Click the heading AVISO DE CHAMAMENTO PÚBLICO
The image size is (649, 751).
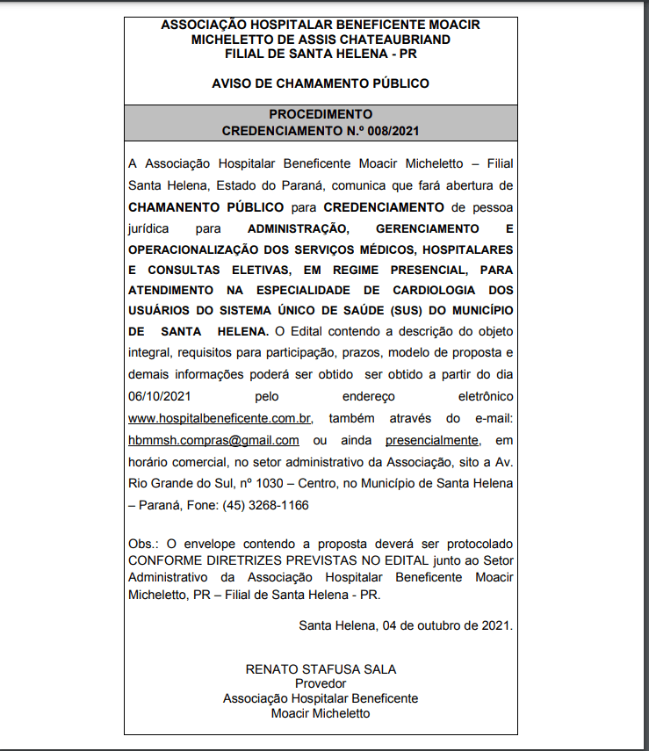321,83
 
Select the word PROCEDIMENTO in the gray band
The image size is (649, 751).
321,114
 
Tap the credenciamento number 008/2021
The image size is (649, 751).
393,130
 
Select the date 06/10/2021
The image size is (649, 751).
158,397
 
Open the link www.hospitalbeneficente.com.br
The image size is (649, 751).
221,418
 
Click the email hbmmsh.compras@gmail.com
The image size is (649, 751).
213,439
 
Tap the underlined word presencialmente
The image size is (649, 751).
432,439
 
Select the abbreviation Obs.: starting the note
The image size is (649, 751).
143,545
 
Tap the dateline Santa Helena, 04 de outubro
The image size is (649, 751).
405,625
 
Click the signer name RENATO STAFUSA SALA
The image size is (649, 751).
321,669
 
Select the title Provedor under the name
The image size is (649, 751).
321,683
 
